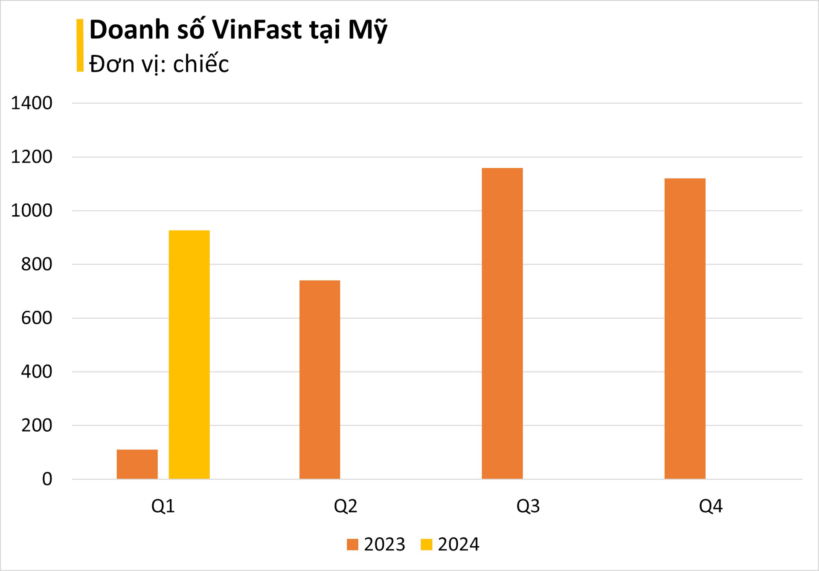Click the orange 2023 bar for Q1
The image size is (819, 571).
coord(137,464)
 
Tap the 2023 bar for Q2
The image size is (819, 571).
coord(319,380)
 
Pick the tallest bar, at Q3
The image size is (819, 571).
coord(502,323)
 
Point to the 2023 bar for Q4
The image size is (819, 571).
coord(685,329)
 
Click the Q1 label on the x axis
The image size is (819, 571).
coord(163,506)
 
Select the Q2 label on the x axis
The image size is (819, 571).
coord(346,506)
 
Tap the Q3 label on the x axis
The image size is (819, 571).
coord(528,506)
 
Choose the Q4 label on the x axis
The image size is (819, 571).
coord(711,506)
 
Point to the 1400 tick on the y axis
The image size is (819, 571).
coord(32,103)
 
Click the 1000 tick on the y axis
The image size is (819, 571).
coord(32,211)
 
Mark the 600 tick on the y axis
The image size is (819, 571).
coord(37,318)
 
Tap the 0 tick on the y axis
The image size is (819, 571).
coord(47,479)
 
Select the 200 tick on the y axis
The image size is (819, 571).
coord(37,425)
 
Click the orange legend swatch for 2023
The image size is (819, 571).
coord(352,545)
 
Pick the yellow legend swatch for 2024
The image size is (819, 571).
coord(426,545)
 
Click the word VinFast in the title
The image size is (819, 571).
coord(257,30)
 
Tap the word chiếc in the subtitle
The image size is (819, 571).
coord(201,64)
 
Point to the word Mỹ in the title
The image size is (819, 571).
coord(367,31)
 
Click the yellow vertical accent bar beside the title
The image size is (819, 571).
coord(80,45)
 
